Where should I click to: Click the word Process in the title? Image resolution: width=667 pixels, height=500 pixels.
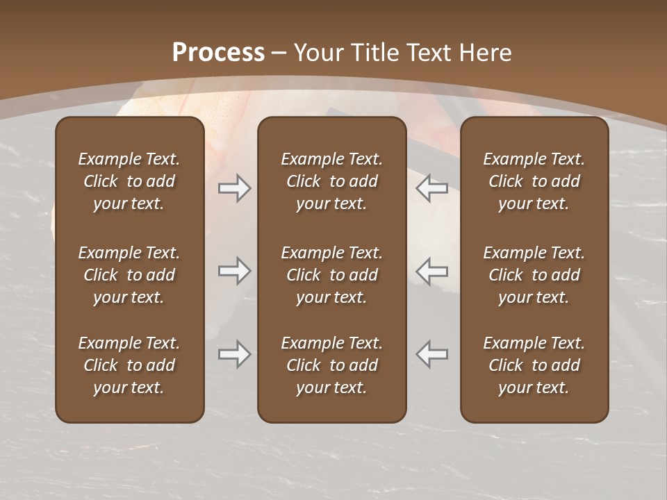pyautogui.click(x=218, y=53)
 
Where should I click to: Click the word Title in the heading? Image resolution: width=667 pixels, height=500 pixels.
pyautogui.click(x=375, y=53)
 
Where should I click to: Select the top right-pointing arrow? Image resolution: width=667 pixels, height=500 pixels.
pyautogui.click(x=235, y=187)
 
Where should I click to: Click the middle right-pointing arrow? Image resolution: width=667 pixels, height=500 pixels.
pyautogui.click(x=235, y=271)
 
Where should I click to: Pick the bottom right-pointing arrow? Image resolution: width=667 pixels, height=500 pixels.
pyautogui.click(x=235, y=354)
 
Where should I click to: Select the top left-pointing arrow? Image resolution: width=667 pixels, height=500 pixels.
pyautogui.click(x=431, y=187)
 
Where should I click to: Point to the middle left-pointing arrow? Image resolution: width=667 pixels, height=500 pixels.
pyautogui.click(x=431, y=271)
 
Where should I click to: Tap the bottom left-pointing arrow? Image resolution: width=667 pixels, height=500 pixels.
pyautogui.click(x=431, y=354)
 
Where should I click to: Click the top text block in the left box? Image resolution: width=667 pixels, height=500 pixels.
pyautogui.click(x=129, y=181)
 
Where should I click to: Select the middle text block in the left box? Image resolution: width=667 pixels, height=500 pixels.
pyautogui.click(x=129, y=275)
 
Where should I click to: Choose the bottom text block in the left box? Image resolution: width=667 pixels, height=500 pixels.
pyautogui.click(x=129, y=365)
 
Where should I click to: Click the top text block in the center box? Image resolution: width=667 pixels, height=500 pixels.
pyautogui.click(x=331, y=181)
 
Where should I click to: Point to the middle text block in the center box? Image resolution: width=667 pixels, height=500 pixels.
pyautogui.click(x=331, y=275)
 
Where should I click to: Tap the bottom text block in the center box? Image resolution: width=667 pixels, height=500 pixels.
pyautogui.click(x=331, y=365)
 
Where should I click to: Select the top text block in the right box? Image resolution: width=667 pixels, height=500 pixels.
pyautogui.click(x=534, y=181)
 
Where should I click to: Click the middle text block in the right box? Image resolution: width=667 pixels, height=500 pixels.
pyautogui.click(x=534, y=275)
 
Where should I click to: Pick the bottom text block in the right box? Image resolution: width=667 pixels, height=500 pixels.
pyautogui.click(x=534, y=365)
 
